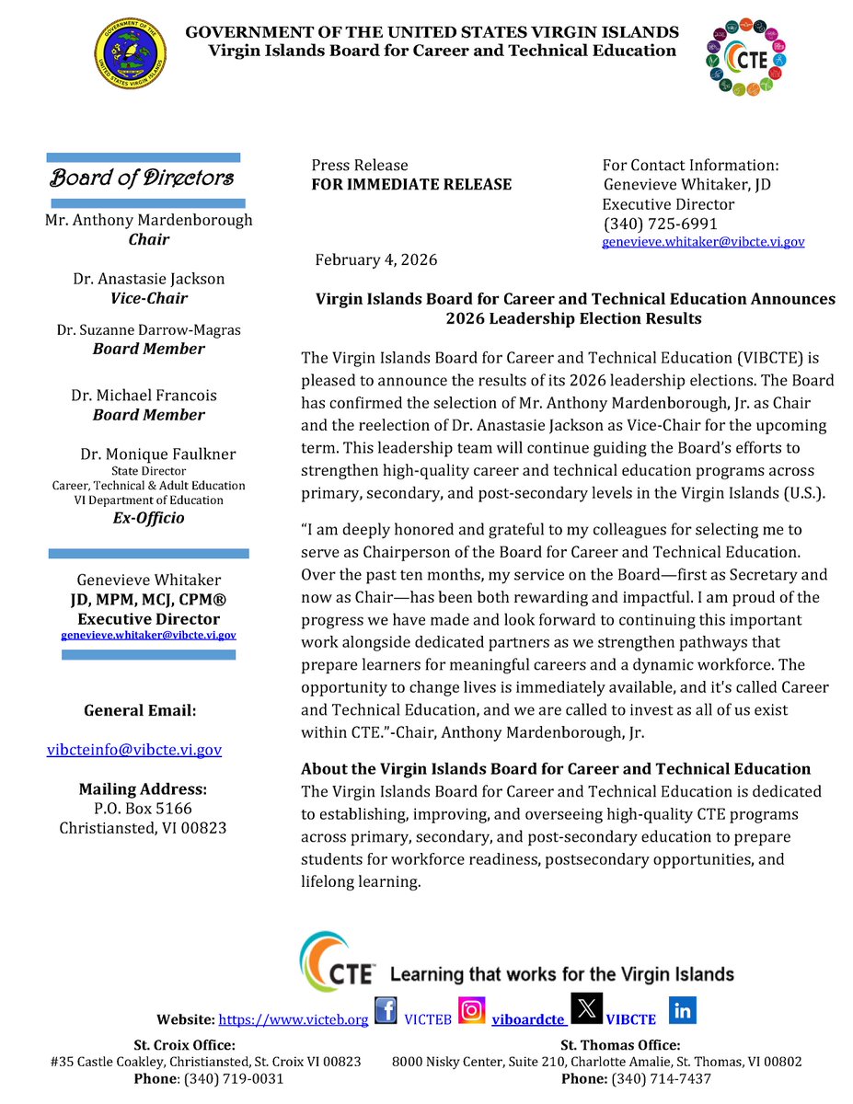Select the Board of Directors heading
(x=142, y=178)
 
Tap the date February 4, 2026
(x=376, y=259)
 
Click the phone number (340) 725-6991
(x=660, y=224)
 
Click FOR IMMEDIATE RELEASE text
(x=411, y=184)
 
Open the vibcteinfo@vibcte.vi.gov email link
(x=134, y=750)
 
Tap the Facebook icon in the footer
(x=387, y=1011)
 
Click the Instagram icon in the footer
(x=472, y=1011)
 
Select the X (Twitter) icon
(x=586, y=1008)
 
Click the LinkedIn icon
(x=683, y=1010)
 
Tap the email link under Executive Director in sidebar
(x=148, y=635)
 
